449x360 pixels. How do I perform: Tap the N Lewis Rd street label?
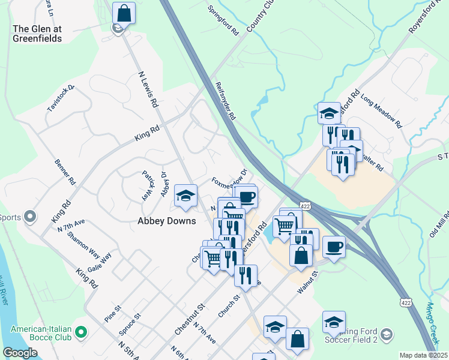point(148,89)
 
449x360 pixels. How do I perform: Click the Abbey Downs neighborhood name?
point(167,221)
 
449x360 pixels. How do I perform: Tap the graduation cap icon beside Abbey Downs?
point(185,196)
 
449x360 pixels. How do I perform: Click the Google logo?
point(20,353)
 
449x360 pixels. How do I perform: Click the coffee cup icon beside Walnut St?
point(334,247)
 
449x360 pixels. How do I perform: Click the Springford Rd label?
point(223,19)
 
